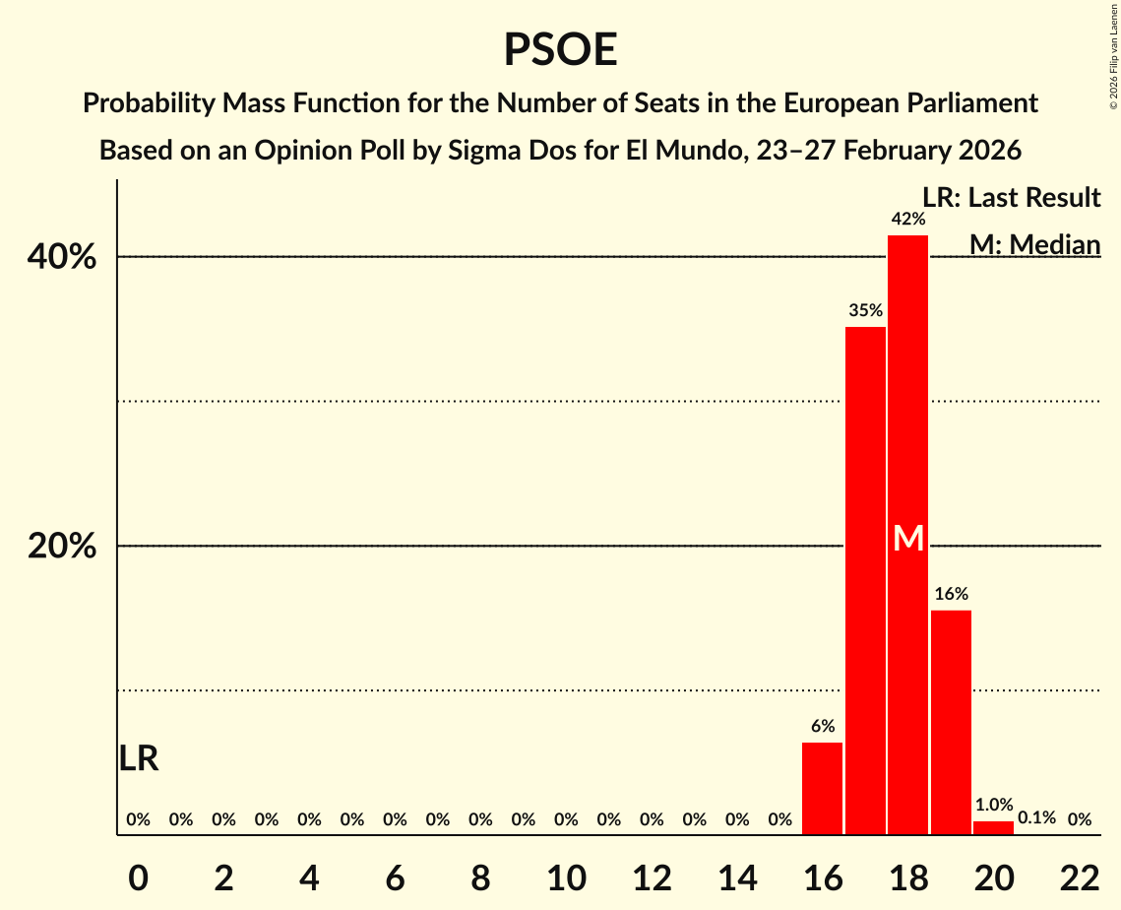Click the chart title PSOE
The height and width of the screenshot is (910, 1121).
click(560, 49)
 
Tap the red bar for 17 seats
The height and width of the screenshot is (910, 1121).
click(865, 581)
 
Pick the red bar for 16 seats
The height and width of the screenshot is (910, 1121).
click(823, 789)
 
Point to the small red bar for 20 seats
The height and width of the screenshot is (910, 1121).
click(993, 828)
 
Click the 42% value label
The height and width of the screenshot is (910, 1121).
click(907, 219)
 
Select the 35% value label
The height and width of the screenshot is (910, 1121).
click(865, 310)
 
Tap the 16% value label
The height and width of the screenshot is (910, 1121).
click(951, 594)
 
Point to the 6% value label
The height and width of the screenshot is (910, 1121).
click(823, 726)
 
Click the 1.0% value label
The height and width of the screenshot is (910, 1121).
click(993, 804)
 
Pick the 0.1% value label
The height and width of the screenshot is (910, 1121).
click(1036, 818)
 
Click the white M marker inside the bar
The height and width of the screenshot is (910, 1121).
click(908, 539)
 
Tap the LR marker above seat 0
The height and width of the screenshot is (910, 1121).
click(139, 758)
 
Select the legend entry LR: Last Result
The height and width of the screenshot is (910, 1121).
click(1011, 198)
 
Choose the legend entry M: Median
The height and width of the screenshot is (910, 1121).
click(1033, 244)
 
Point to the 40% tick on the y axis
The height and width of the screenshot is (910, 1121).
click(62, 257)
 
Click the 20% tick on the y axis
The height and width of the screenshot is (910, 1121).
click(62, 547)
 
